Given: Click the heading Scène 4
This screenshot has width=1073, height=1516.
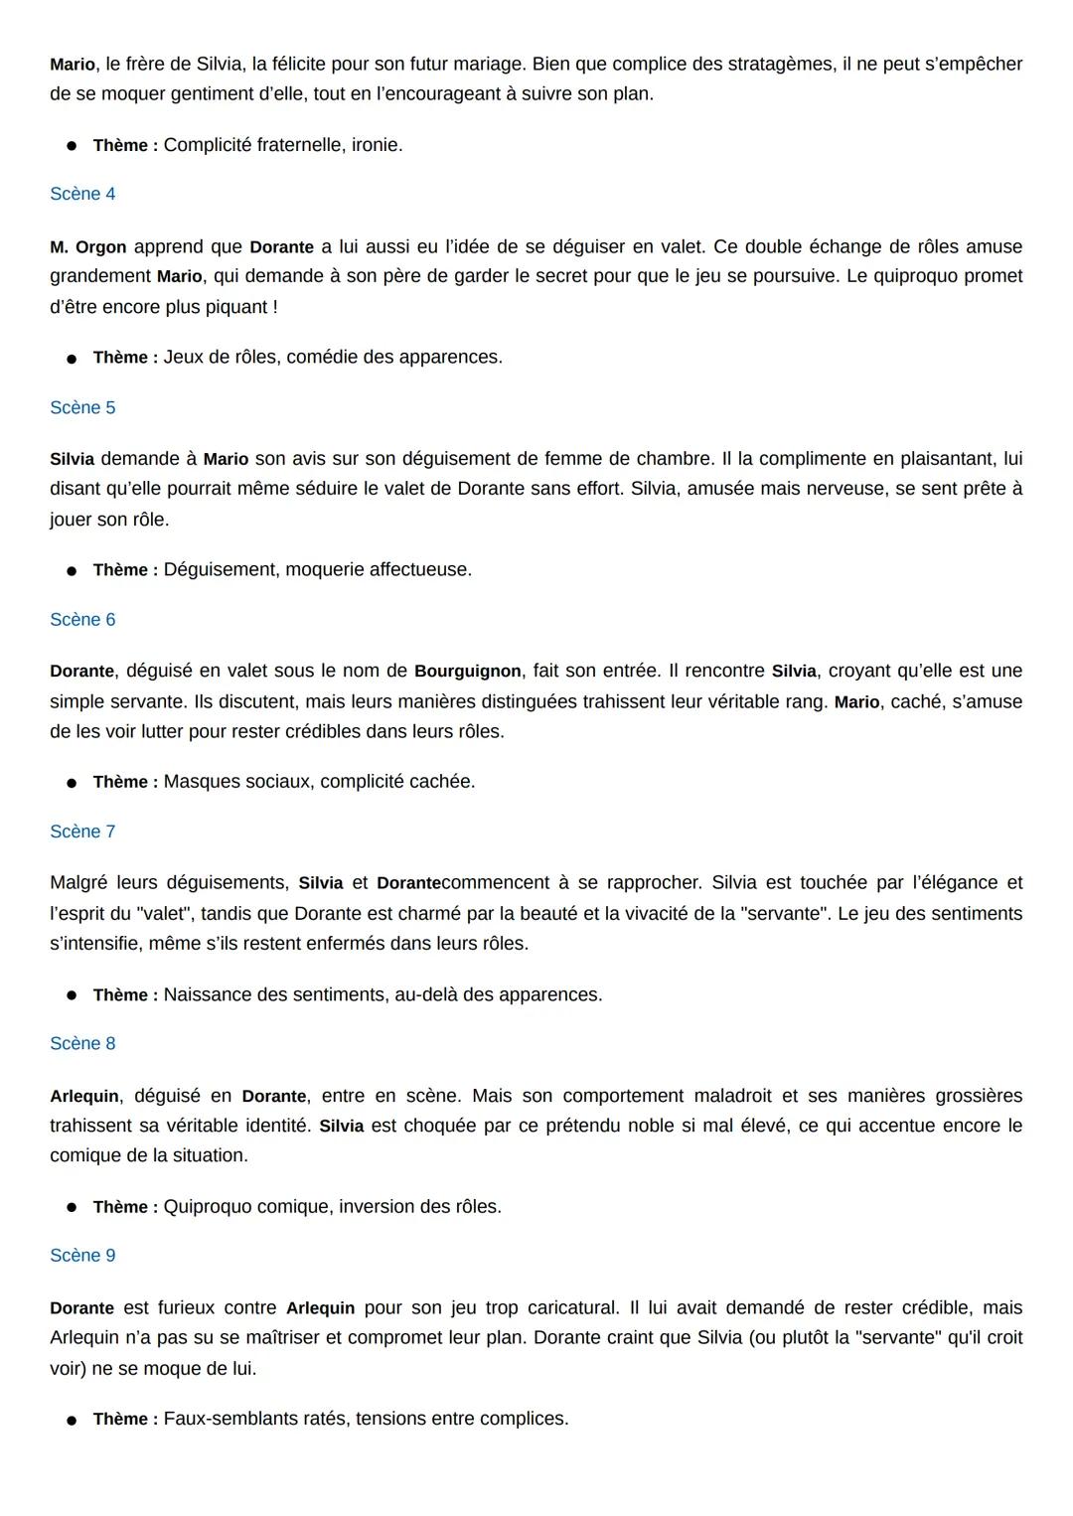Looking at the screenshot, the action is click(82, 194).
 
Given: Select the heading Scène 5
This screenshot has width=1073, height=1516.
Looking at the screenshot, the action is click(82, 407).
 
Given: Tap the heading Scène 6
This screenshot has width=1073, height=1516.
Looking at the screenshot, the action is click(82, 620).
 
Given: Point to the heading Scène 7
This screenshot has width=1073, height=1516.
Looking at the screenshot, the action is click(82, 832).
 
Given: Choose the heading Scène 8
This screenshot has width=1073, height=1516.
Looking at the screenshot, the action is click(82, 1043).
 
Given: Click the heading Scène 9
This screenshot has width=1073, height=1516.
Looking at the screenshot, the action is click(82, 1256).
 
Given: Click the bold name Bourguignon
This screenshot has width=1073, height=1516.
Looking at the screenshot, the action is click(467, 672).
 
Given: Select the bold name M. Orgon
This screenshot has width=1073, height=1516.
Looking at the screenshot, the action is click(87, 247).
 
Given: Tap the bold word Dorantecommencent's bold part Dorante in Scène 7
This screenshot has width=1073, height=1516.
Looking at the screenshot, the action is click(408, 883).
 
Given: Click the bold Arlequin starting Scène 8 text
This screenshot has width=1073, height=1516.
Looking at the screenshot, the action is click(84, 1096).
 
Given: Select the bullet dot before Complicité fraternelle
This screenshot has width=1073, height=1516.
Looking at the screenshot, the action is click(72, 146).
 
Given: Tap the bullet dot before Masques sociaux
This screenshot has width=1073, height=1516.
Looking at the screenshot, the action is click(72, 783).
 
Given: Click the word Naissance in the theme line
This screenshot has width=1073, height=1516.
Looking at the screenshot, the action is click(205, 994).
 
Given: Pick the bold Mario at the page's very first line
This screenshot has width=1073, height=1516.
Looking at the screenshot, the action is click(73, 65).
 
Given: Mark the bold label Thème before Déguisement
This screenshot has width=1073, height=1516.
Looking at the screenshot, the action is click(125, 570).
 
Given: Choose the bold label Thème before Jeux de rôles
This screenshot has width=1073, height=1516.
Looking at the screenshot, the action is click(125, 358).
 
